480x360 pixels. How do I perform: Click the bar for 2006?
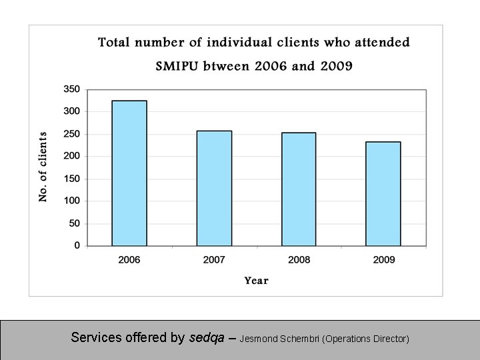(129, 173)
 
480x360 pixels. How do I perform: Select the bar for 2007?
(214, 188)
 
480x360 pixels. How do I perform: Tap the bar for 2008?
(299, 189)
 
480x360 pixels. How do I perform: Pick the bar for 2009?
(383, 194)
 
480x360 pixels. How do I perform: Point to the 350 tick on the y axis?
(71, 89)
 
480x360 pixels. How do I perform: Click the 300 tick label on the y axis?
(71, 111)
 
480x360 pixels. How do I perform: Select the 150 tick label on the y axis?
(71, 179)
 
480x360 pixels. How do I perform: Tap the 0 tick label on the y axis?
(77, 245)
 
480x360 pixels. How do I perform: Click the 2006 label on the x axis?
(129, 259)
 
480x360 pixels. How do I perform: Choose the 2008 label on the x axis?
(299, 259)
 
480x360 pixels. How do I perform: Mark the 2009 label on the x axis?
(383, 259)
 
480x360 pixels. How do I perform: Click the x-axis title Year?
(256, 281)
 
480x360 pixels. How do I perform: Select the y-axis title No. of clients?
(43, 167)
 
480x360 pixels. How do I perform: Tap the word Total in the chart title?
(114, 43)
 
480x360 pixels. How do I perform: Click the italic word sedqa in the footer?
(207, 338)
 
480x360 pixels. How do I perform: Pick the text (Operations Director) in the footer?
(365, 339)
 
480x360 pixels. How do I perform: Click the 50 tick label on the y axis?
(74, 223)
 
